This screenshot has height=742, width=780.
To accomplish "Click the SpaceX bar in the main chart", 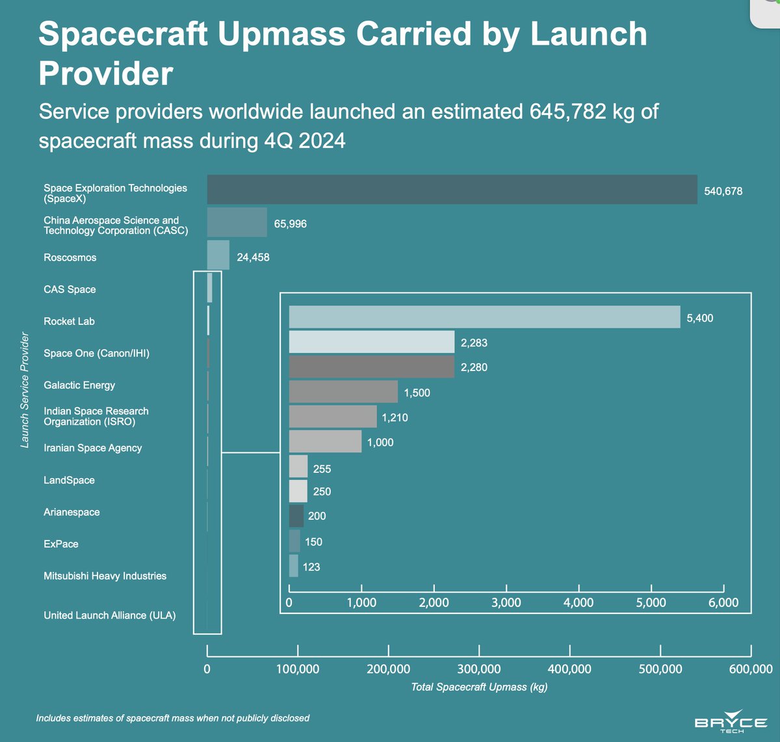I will pos(452,190).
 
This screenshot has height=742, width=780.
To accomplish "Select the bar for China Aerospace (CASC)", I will pos(237,222).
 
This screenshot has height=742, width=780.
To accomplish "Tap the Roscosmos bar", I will pos(218,255).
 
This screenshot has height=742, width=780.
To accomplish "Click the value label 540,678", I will pos(723,191).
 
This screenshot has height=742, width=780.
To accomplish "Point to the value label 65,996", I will pos(290,224).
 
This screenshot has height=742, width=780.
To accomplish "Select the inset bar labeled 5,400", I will pos(484,317).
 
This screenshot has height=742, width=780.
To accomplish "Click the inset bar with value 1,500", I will pos(343,392).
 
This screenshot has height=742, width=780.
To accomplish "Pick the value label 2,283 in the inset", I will pos(474,342).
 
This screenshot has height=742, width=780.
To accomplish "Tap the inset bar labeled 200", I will pos(296,516).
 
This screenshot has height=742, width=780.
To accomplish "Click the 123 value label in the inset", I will pos(311,567).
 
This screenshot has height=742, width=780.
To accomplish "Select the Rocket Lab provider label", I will pos(69,322).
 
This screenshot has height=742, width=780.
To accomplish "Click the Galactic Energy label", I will pos(79,385).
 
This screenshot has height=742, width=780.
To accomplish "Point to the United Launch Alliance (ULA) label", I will pos(109,615).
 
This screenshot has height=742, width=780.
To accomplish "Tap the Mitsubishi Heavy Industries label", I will pos(105,576).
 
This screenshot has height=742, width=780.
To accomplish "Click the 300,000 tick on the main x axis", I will pos(479,669).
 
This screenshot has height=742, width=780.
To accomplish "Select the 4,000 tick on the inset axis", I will pos(578,603).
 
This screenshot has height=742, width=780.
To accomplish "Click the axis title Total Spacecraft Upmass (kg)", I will pos(479,687).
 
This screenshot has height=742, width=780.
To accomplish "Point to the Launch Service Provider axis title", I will pos(25,390).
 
